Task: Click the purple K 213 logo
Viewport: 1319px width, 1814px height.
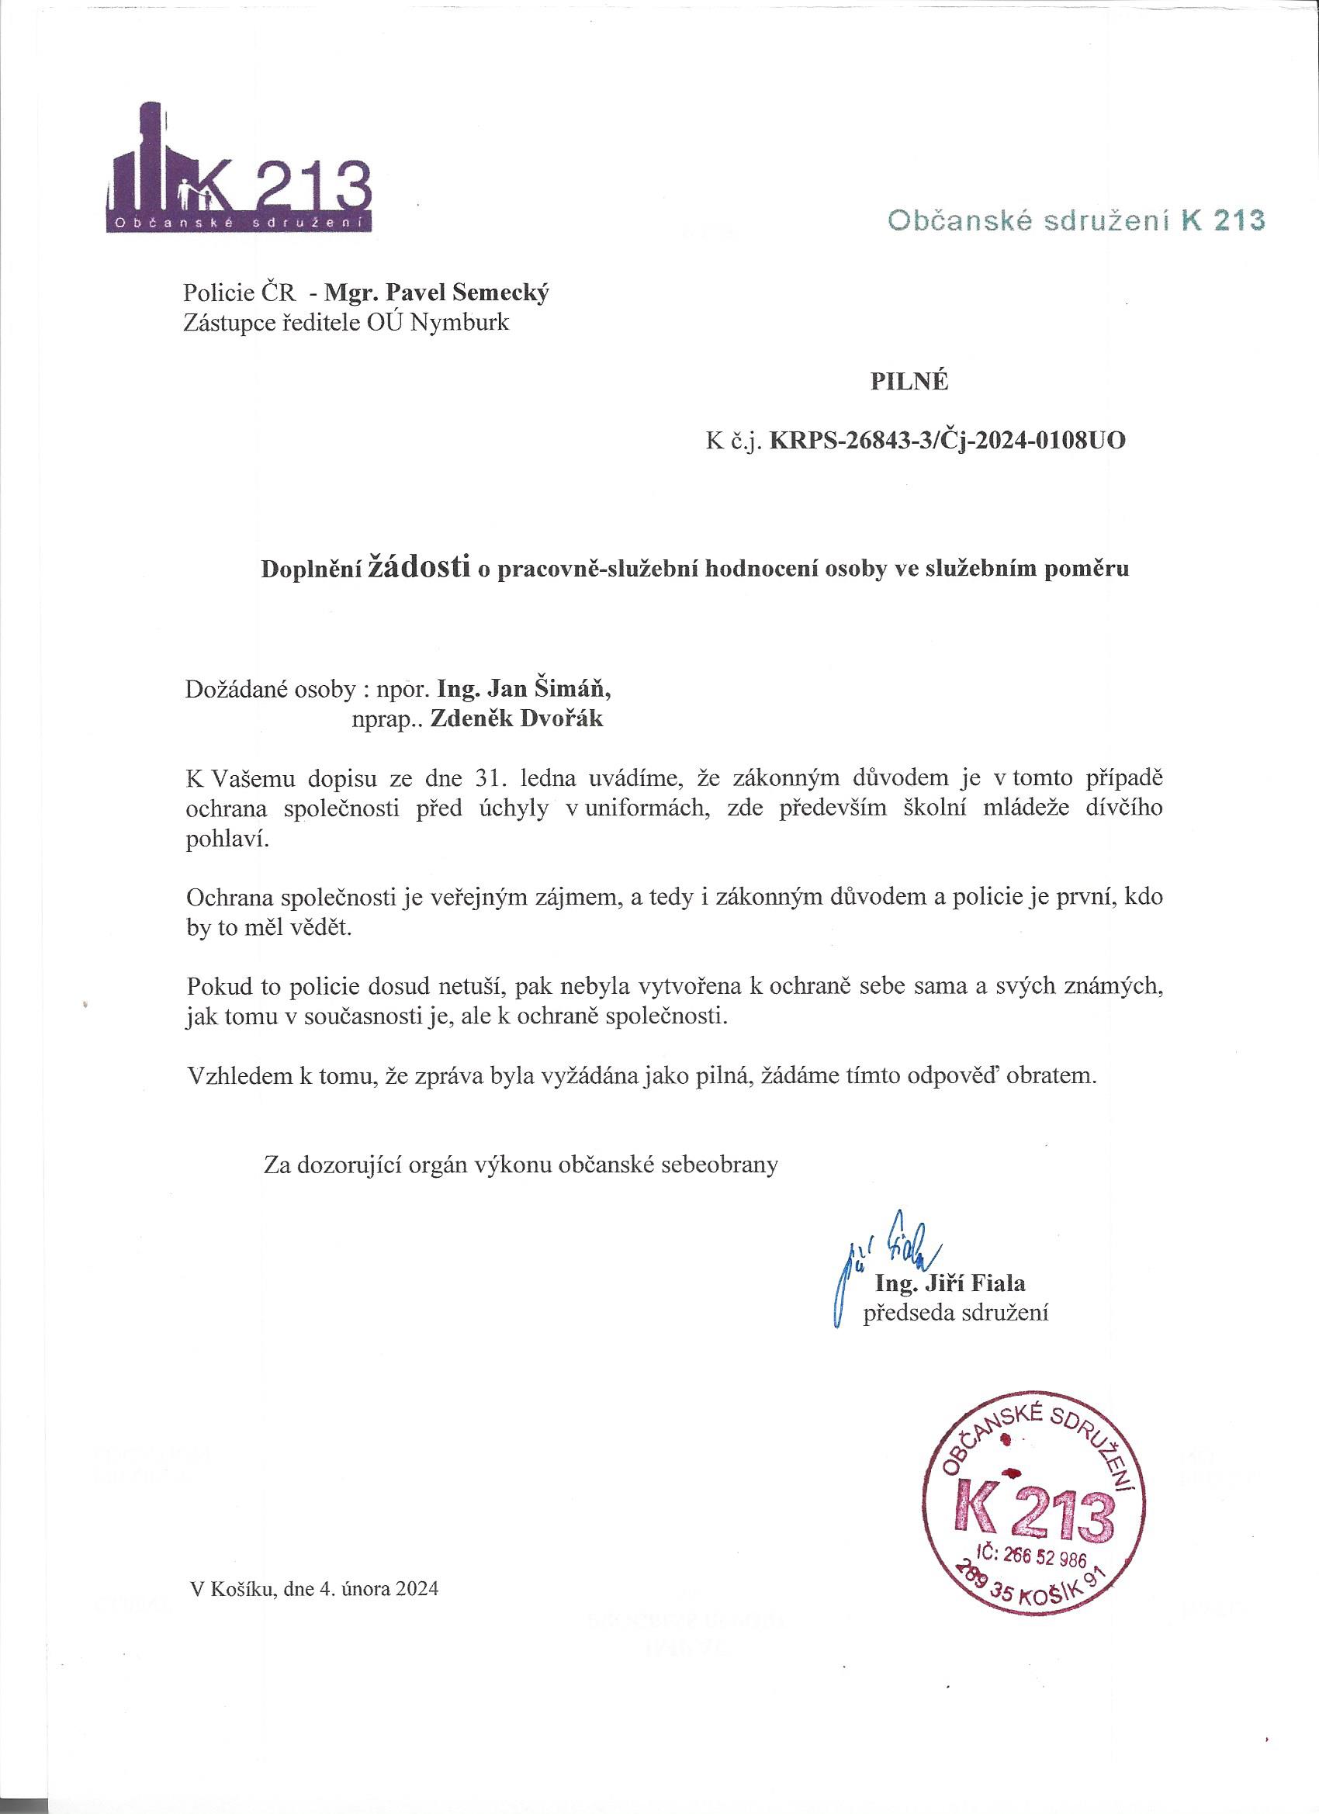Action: point(238,171)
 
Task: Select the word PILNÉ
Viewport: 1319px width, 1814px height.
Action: point(909,383)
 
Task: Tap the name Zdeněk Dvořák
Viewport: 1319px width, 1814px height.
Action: point(518,718)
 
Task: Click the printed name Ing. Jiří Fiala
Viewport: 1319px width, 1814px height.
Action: point(950,1284)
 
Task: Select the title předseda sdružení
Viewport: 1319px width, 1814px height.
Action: point(955,1313)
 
